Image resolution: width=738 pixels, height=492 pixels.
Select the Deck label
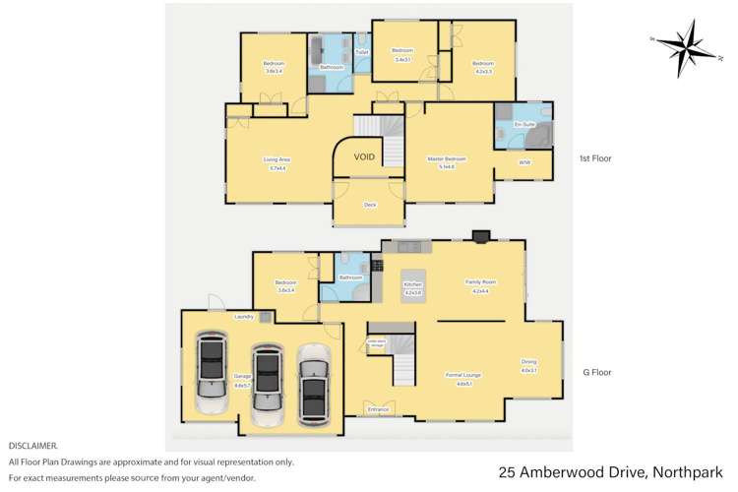click(370, 205)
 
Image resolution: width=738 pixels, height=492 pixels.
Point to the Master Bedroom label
click(446, 158)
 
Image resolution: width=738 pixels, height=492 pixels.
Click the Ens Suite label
click(523, 125)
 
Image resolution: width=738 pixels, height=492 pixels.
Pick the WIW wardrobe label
click(524, 162)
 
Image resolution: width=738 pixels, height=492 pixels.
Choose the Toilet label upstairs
click(361, 51)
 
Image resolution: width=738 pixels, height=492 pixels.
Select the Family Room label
click(480, 282)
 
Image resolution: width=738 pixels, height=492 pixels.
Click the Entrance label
click(378, 408)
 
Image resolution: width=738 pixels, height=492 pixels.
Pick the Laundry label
click(245, 317)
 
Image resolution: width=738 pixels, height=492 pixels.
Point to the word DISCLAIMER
click(33, 446)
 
